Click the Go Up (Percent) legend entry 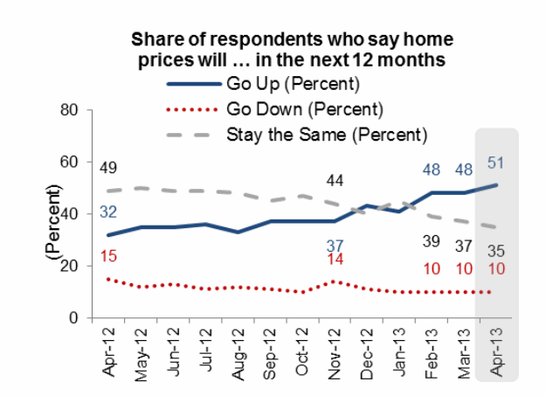click(x=287, y=85)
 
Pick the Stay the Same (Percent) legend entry click(x=326, y=135)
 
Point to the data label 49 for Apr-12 click(x=108, y=168)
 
